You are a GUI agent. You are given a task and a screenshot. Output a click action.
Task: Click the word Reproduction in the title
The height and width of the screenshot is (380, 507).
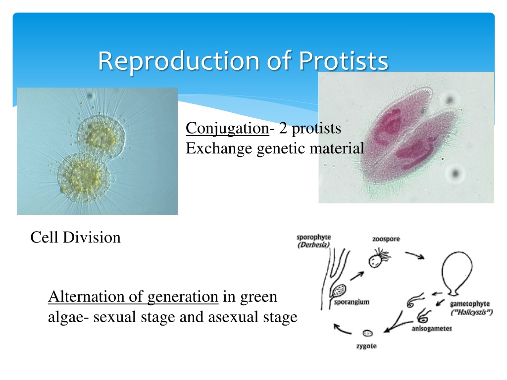[179, 61]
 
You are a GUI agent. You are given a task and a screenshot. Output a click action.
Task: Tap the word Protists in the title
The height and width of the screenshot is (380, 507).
[343, 60]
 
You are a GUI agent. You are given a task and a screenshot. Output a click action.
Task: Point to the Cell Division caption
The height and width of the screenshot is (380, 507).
[75, 237]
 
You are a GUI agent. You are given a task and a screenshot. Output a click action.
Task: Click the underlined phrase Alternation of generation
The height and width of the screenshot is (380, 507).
[133, 297]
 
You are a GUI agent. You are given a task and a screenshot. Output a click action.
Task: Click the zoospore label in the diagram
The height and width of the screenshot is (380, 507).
[386, 239]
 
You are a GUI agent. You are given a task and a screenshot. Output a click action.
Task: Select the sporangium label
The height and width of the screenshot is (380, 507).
[352, 302]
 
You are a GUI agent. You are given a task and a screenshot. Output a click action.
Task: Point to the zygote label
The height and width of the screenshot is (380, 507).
[366, 346]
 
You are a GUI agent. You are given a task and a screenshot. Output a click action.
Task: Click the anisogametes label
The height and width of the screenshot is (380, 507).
[432, 329]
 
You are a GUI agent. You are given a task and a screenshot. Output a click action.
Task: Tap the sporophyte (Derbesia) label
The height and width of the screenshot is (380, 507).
[313, 241]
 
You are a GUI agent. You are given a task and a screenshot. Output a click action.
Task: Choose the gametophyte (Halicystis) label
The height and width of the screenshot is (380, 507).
[471, 308]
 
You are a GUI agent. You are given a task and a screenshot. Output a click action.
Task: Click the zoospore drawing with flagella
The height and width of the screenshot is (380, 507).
[379, 258]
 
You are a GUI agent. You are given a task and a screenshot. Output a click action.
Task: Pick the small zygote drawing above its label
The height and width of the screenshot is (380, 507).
[368, 333]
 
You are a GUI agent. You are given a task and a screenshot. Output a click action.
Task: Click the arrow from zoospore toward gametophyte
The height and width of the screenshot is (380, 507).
[415, 255]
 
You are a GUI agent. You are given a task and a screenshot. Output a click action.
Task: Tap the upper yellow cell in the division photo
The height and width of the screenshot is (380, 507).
[101, 137]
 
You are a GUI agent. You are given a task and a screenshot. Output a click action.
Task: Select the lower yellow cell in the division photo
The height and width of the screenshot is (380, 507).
[83, 178]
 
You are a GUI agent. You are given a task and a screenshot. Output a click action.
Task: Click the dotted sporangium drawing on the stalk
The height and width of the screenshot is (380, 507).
[339, 291]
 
